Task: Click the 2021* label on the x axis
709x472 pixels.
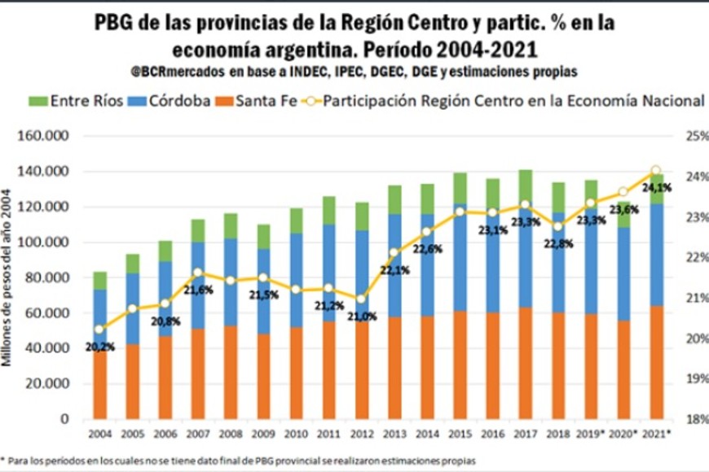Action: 657,434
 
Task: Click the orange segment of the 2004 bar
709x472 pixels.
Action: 99,382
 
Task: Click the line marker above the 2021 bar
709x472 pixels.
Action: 655,171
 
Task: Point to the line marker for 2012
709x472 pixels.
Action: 361,299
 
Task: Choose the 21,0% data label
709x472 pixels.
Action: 361,317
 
